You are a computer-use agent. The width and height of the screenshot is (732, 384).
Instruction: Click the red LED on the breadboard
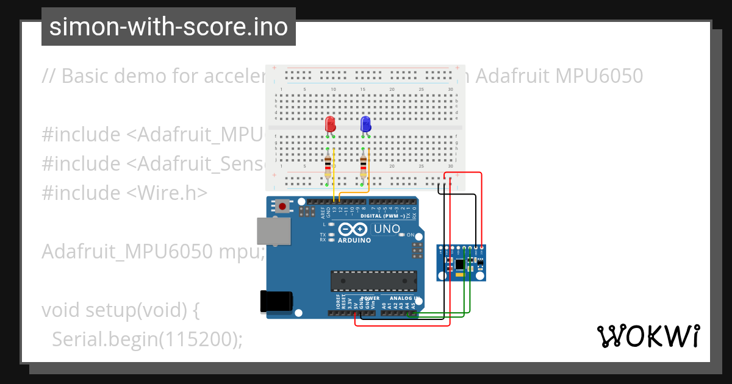coord(330,124)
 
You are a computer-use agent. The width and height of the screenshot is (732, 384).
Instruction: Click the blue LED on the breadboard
coord(365,124)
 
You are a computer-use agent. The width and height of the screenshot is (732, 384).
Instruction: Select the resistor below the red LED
coord(328,165)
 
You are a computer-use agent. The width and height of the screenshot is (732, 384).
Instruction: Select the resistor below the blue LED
coord(364,165)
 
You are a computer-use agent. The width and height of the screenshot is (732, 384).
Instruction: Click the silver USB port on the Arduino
coord(273,232)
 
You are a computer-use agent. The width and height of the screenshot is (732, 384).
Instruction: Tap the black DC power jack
coord(276,301)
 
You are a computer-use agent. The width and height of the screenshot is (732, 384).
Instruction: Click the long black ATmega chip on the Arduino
coord(374,281)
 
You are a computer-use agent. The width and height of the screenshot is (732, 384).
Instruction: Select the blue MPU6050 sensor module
coord(462,263)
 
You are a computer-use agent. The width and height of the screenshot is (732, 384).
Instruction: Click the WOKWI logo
coord(648,336)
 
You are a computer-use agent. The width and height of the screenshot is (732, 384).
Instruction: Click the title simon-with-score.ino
coord(168,27)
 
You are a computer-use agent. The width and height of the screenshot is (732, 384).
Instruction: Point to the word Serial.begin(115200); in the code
coord(147,340)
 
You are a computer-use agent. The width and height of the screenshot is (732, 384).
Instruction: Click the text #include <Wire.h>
coord(124,193)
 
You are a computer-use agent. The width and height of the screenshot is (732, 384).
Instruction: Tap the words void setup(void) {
coord(121,310)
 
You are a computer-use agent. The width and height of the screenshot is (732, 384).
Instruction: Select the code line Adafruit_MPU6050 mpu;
coord(152,251)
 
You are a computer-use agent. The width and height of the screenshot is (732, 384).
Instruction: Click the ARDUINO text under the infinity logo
coord(354,240)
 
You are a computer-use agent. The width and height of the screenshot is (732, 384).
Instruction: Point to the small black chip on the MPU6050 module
coord(461,264)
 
